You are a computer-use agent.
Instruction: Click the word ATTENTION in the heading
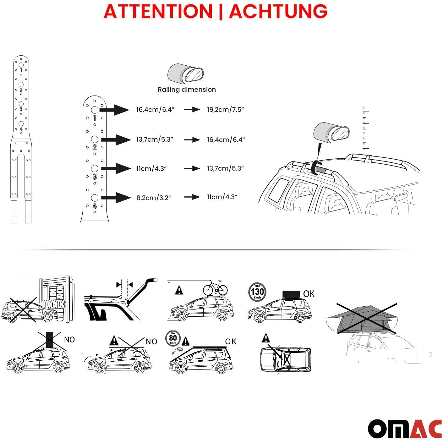158,12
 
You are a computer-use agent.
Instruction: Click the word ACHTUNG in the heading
278,12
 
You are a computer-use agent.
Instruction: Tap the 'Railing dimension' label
187,90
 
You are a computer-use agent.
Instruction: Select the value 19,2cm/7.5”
225,109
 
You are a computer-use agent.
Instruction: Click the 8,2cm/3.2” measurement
154,198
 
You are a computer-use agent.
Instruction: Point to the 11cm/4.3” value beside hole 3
151,168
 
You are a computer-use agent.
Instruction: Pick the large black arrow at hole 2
116,139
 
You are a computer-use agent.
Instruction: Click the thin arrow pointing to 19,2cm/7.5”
192,110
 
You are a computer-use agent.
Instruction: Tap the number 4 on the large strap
95,205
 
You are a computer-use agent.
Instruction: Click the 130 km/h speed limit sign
257,292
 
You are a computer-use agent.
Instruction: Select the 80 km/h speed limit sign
173,338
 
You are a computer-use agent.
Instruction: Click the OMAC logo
405,429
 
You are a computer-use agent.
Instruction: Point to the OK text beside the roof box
309,294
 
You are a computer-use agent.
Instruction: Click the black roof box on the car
291,294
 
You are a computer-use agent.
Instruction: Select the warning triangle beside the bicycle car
179,291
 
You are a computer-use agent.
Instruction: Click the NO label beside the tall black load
69,340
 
